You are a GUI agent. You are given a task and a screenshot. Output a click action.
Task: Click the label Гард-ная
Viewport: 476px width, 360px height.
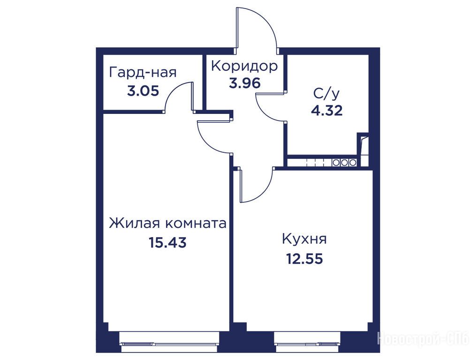[143, 73]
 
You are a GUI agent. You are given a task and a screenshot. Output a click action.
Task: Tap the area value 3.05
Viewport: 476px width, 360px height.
[143, 91]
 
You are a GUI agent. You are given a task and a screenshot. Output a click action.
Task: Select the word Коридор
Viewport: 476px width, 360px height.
[244, 66]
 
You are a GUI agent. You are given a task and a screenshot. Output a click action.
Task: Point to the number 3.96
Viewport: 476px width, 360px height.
[245, 83]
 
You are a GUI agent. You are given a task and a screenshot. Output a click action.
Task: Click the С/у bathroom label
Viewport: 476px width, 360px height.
[326, 94]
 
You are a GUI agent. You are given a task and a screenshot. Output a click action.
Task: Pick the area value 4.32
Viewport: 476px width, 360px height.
[327, 111]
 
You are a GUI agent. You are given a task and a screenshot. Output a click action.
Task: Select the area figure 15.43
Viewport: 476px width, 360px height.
[167, 242]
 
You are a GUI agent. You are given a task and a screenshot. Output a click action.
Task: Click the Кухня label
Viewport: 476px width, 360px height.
[304, 239]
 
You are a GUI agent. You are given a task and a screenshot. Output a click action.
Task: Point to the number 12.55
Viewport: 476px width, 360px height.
[304, 259]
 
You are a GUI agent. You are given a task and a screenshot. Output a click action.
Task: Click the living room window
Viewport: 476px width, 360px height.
[170, 342]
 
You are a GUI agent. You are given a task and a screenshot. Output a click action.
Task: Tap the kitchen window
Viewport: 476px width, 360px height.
[308, 342]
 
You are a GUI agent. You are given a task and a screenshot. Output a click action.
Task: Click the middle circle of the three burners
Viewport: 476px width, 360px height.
[344, 162]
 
